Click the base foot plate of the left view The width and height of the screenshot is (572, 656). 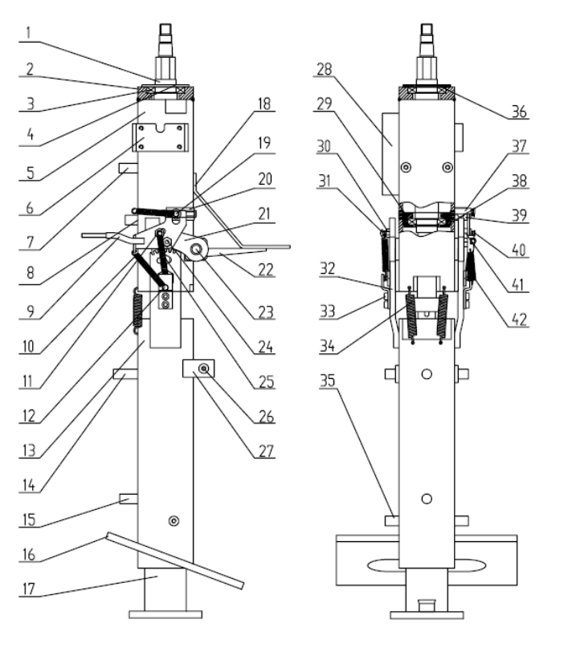(165, 615)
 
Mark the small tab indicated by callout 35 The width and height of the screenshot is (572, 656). (392, 520)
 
